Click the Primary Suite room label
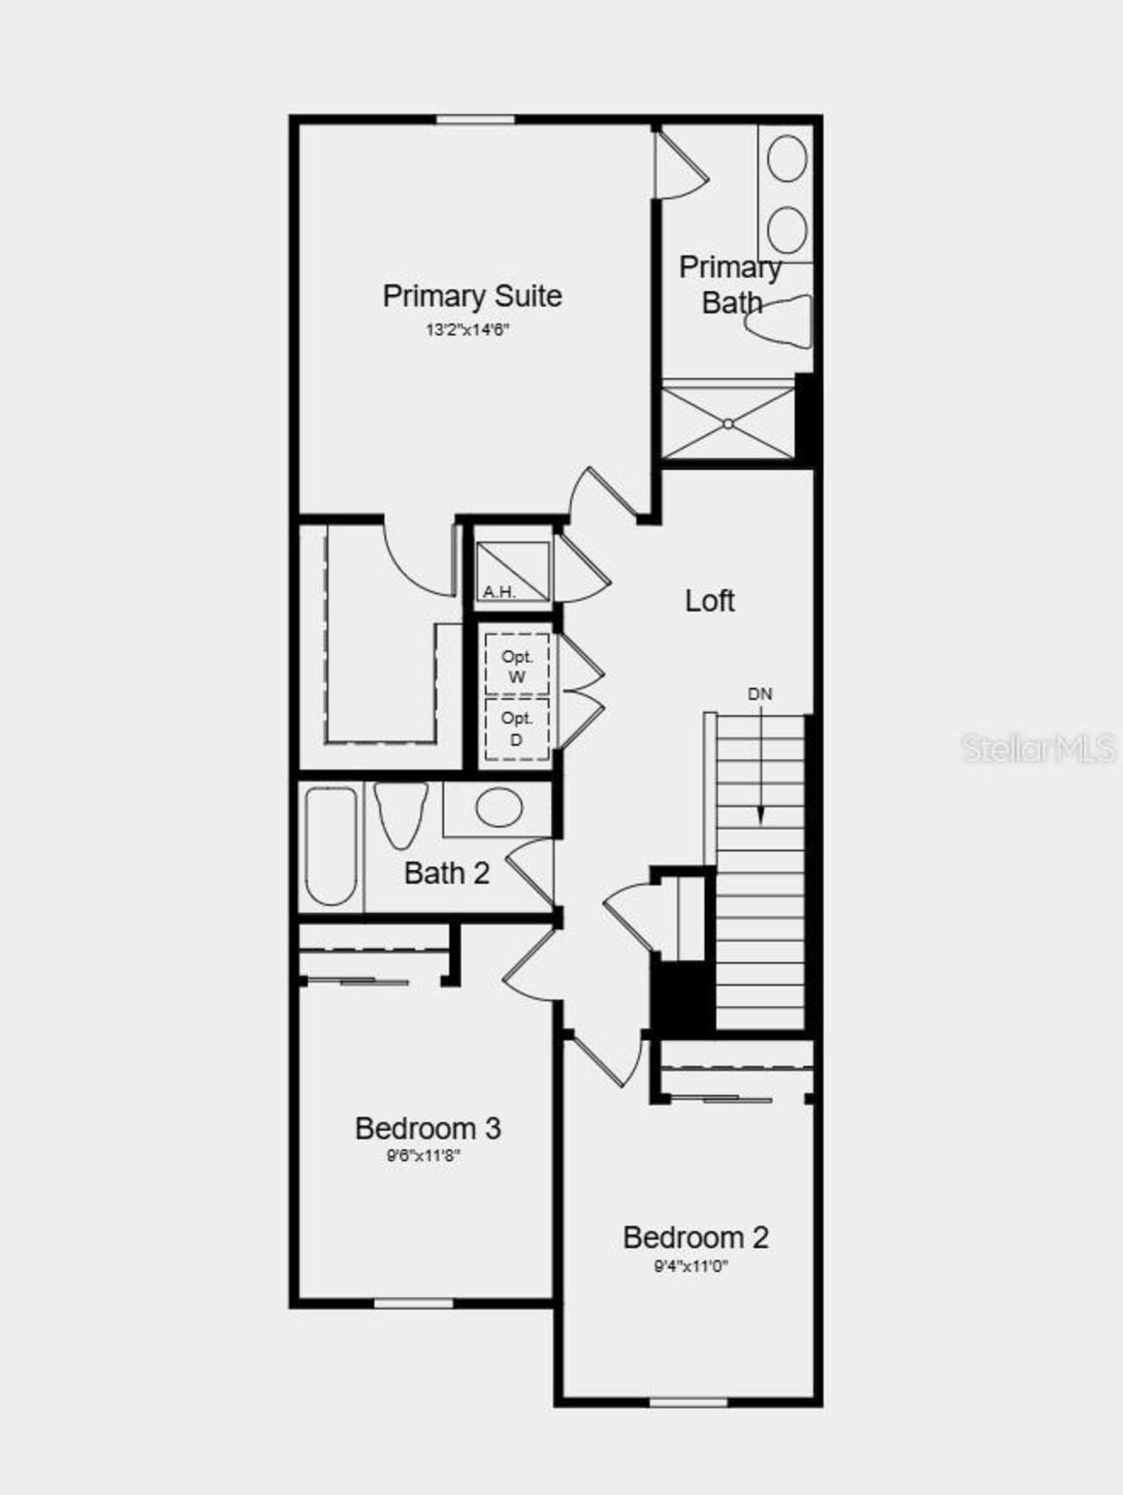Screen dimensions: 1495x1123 pos(472,296)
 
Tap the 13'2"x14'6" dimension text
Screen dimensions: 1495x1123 pos(468,330)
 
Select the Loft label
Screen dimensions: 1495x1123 pos(709,601)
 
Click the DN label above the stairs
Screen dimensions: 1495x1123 pos(760,694)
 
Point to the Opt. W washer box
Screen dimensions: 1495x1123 pos(517,666)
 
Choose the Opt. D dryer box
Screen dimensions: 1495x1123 pos(517,730)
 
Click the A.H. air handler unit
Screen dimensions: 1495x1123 pos(512,571)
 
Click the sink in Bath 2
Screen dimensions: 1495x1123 pos(498,808)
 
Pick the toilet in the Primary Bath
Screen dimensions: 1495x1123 pos(780,322)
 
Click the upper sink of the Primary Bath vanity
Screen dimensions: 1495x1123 pos(787,159)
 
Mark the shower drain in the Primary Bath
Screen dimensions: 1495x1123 pos(728,423)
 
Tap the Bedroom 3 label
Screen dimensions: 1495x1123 pos(427,1129)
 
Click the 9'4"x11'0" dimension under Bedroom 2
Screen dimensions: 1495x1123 pos(690,1266)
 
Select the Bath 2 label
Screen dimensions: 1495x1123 pos(447,873)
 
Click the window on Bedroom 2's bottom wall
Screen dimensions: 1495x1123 pos(689,1402)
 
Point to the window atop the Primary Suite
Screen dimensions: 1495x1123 pos(475,119)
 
